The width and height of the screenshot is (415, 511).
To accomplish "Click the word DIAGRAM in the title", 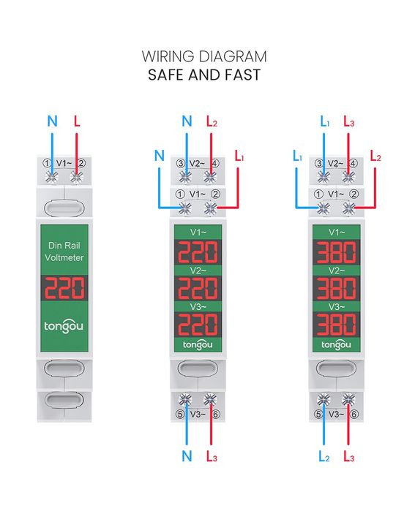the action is coord(232,57).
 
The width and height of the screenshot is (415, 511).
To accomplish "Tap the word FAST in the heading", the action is coord(242,75).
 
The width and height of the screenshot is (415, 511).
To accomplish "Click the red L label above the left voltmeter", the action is coord(77,121).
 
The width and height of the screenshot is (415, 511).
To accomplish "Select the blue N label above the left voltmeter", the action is coord(52,121).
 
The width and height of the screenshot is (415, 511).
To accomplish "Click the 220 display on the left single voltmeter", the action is coord(64,288).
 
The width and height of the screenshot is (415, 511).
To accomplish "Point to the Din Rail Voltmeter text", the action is coord(64,251).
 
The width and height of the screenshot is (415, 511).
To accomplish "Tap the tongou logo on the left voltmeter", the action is coord(64,327).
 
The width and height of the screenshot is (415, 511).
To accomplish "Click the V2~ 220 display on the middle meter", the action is coord(198,288).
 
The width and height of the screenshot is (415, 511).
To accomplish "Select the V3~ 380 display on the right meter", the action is coord(337,325).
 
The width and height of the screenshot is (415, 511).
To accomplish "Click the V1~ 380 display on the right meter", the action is coord(337,252).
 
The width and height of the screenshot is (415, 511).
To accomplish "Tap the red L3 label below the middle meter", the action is coord(212,456).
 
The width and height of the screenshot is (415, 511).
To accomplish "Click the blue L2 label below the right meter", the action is coord(324,456).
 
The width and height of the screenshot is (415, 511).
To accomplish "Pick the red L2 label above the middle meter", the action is coord(212,121).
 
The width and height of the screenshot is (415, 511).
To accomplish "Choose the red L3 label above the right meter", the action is coord(349,121).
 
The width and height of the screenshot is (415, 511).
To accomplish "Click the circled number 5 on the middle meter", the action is coord(180,415).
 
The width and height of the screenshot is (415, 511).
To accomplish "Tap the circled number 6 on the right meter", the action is coord(354,415).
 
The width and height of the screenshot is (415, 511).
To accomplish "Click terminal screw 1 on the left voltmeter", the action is coord(52,178).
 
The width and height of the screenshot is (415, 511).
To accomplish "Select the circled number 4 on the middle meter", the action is coord(215,163).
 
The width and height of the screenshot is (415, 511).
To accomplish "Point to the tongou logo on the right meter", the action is coord(337,345).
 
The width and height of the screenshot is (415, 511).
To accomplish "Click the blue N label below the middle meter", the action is coord(187,456).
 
